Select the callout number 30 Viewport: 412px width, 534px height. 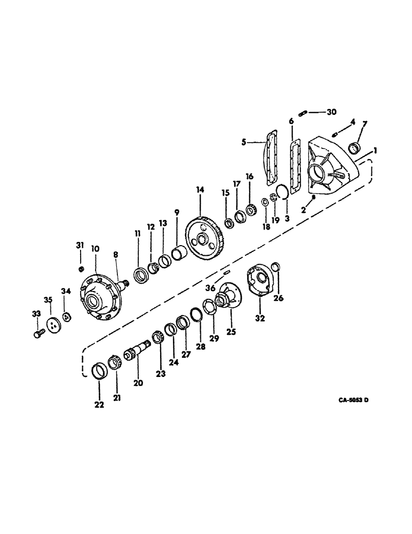click(x=331, y=112)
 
